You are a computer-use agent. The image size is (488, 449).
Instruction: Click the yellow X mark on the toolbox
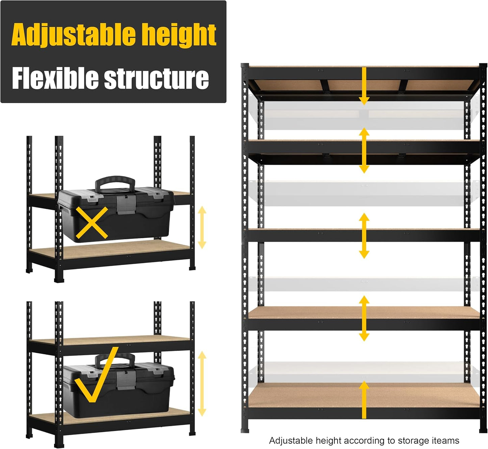point(92,223)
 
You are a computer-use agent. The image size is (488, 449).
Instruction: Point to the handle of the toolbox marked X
point(115,182)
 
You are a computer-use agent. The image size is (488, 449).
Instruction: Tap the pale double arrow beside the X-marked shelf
point(202,228)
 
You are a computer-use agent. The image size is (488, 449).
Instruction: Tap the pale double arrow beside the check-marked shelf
point(202,383)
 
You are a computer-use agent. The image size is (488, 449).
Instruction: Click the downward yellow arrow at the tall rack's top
point(364,86)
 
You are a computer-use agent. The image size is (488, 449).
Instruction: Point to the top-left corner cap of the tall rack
point(245,65)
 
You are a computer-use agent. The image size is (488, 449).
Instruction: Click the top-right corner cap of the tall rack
point(483,65)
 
